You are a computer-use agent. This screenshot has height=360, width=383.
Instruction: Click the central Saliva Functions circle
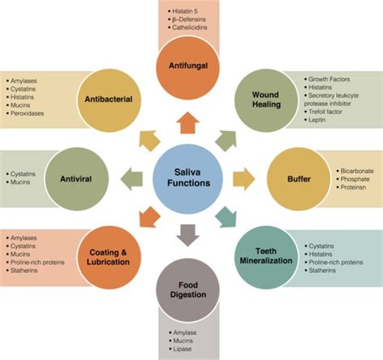click(188, 178)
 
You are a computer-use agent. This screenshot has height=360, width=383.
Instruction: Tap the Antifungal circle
click(188, 68)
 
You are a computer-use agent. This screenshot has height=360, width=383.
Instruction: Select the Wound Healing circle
click(267, 100)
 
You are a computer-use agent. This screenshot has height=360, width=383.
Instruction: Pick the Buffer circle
click(298, 179)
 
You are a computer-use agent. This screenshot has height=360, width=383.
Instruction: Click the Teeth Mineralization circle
click(267, 257)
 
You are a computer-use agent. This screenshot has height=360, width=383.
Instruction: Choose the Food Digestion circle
click(188, 290)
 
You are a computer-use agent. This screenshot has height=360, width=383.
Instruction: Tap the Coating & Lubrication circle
click(109, 257)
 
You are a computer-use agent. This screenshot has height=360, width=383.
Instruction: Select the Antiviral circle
click(77, 179)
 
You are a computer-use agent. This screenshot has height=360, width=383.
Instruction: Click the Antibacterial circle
click(109, 100)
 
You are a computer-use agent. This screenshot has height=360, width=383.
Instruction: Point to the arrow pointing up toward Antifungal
click(188, 123)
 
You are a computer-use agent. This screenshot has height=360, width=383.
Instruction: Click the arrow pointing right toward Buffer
click(244, 179)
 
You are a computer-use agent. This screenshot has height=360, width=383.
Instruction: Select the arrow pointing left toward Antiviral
click(131, 179)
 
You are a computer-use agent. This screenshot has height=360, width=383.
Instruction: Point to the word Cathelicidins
click(190, 27)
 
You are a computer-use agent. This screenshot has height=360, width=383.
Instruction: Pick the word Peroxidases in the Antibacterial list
click(27, 113)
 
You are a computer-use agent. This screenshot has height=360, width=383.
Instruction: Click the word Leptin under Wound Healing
click(317, 120)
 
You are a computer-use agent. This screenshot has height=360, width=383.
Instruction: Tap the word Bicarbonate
click(357, 171)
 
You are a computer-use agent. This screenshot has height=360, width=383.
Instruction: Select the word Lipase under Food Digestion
click(182, 349)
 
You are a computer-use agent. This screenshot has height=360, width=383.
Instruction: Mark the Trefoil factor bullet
click(323, 112)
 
